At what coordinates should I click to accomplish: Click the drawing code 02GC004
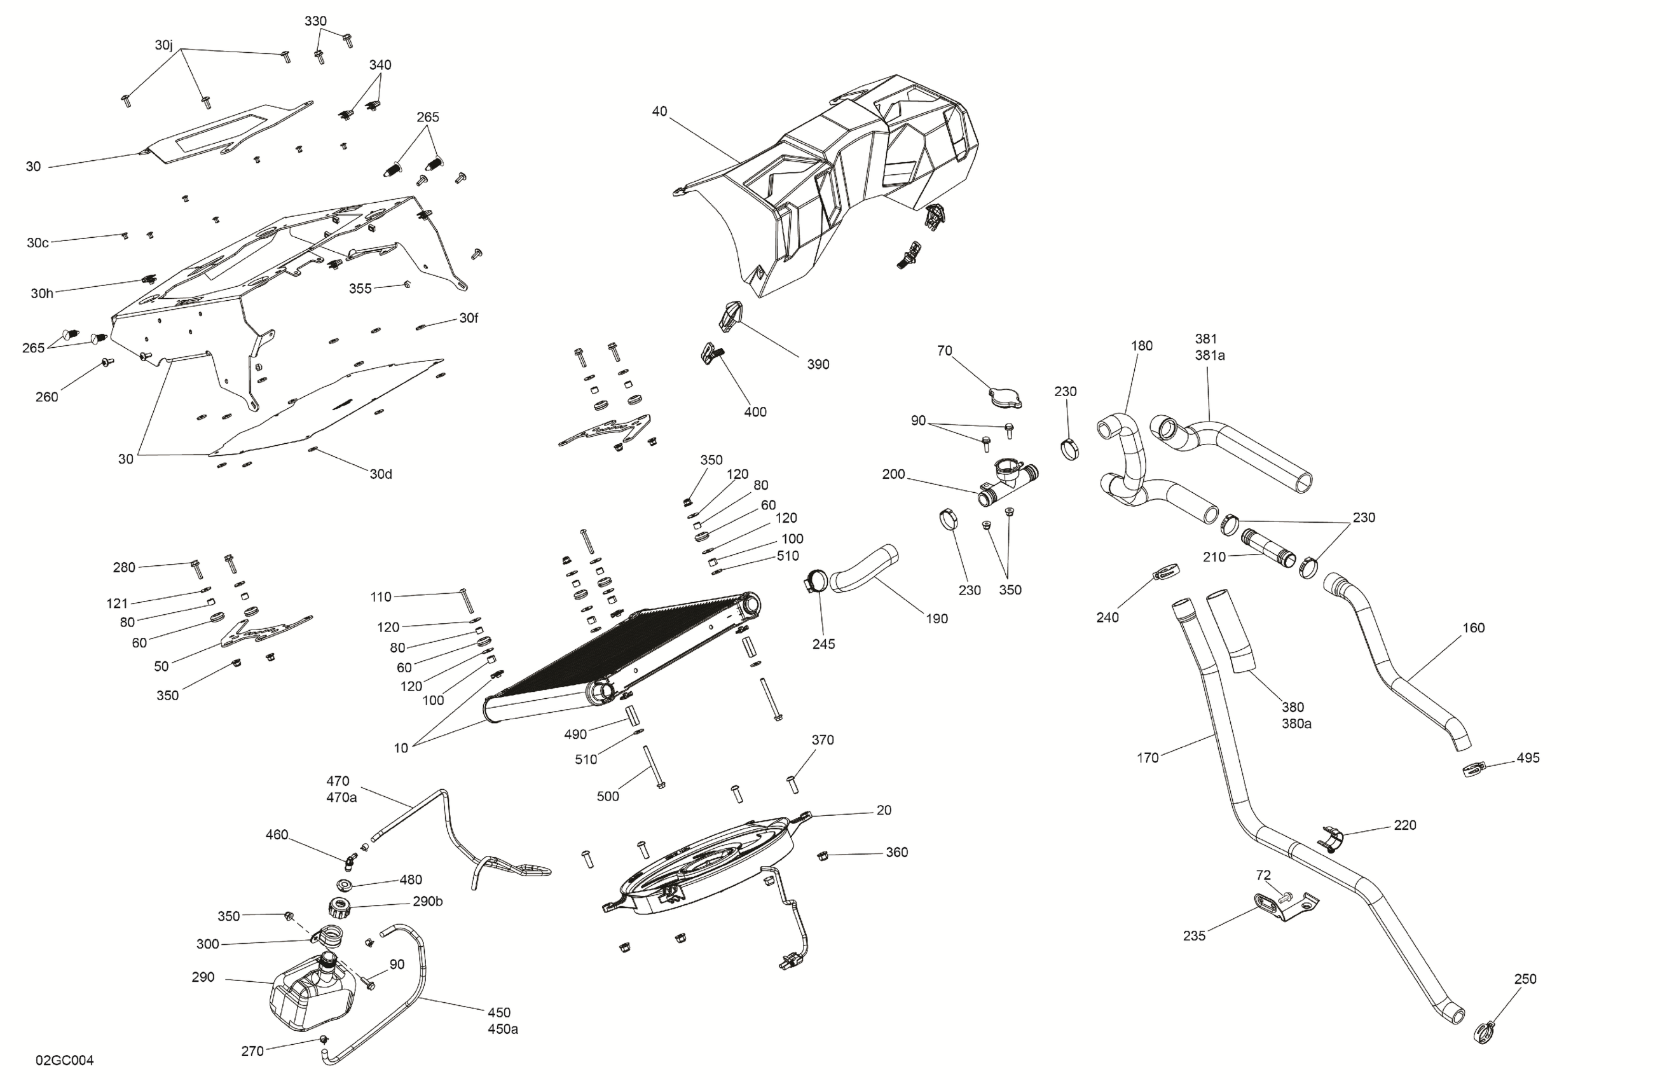pos(64,1060)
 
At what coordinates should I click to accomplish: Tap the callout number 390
pos(818,364)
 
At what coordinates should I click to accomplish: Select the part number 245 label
pos(823,644)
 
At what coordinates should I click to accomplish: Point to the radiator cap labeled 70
pos(1005,399)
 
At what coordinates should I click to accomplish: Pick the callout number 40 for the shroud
pos(659,111)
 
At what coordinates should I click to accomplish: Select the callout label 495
pos(1528,757)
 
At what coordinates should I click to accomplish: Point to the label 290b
pos(427,901)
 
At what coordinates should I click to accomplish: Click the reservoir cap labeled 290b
pos(339,909)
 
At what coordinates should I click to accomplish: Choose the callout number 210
pos(1214,557)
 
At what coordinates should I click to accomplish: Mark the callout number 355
pos(360,289)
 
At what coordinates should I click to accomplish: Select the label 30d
pos(380,474)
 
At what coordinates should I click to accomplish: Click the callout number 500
pos(607,796)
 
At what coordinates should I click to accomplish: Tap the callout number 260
pos(47,397)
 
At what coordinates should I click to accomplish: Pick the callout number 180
pos(1141,345)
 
